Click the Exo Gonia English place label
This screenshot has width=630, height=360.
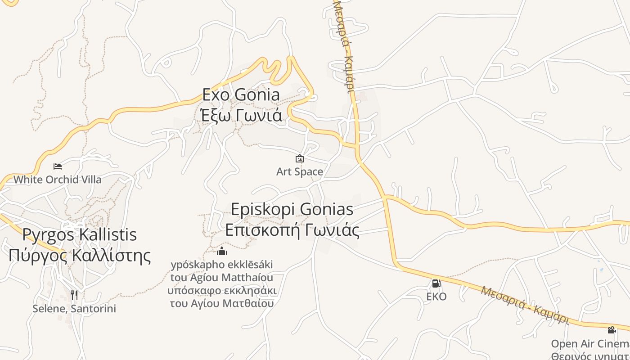coord(241,95)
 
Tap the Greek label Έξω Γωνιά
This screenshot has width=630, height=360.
coord(241,116)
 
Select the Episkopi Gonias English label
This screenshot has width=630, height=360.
coord(292,209)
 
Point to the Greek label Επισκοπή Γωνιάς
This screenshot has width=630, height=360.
coord(292,230)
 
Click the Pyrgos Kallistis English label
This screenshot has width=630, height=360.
coord(80,234)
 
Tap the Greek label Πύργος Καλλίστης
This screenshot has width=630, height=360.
coord(80,255)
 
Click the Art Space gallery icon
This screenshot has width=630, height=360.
coord(299,158)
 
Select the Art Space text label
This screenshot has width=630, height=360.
coord(299,171)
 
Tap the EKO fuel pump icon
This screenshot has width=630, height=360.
coord(436,283)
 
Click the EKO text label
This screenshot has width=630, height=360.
coord(436,297)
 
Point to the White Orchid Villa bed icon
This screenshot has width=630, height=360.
coord(58,166)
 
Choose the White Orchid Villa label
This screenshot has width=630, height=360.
coord(58,180)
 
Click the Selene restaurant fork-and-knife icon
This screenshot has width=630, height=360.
coord(74,295)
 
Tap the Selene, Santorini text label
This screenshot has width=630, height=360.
coord(74,309)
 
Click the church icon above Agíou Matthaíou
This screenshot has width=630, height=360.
coord(221,251)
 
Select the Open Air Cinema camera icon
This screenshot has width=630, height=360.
coord(612,330)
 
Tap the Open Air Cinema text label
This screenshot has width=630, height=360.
coord(589,344)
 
